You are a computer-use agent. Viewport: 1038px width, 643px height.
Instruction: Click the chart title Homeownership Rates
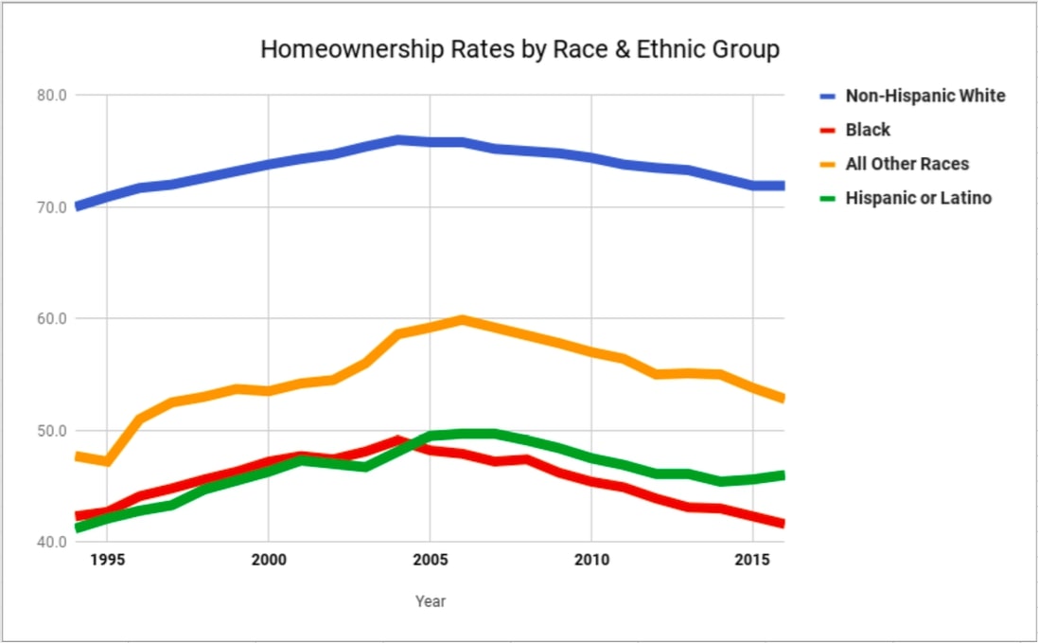pyautogui.click(x=519, y=49)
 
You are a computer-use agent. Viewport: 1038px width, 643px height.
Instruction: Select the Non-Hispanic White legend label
pyautogui.click(x=924, y=96)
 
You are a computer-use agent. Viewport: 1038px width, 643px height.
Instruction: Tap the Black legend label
pyautogui.click(x=868, y=130)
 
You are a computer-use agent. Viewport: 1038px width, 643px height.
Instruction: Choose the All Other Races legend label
pyautogui.click(x=906, y=164)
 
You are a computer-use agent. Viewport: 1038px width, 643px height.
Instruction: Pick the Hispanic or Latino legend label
pyautogui.click(x=918, y=198)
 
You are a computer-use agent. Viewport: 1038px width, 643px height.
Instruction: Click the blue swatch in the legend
pyautogui.click(x=828, y=96)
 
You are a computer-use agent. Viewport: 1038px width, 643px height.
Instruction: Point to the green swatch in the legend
pyautogui.click(x=828, y=198)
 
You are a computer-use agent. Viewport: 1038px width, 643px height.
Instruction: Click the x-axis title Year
pyautogui.click(x=430, y=601)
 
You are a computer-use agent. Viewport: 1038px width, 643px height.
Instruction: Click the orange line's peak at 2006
pyautogui.click(x=462, y=319)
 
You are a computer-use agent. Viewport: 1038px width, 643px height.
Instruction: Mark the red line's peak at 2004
pyautogui.click(x=397, y=440)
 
